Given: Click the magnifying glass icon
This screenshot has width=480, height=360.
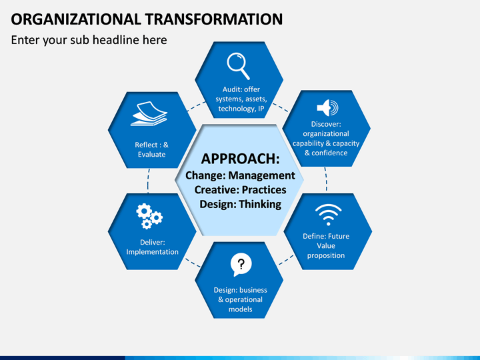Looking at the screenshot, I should (238, 65).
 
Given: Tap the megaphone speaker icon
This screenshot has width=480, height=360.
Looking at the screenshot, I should (327, 108).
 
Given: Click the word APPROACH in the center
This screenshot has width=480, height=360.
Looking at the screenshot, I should (240, 159).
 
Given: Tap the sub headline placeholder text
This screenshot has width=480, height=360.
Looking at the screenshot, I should (89, 40).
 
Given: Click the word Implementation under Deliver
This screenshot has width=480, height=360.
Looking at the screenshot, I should (153, 252).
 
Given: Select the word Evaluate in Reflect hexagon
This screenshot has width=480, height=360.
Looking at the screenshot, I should (151, 154).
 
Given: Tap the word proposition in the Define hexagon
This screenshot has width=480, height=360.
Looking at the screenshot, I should (326, 255).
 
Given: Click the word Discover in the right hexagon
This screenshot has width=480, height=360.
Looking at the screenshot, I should (326, 124).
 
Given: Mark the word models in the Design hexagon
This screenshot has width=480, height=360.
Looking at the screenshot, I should (241, 309).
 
